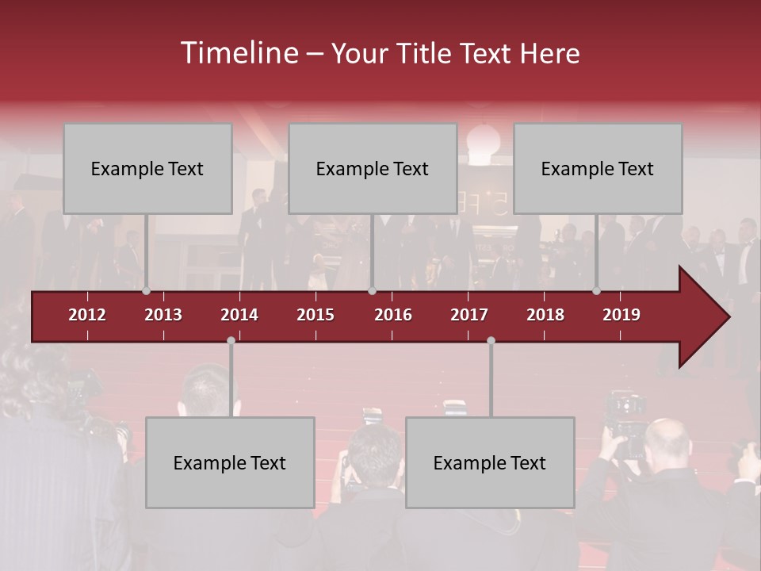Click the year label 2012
click(87, 315)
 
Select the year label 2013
click(163, 315)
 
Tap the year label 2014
click(239, 315)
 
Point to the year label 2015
click(315, 315)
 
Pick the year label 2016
click(393, 315)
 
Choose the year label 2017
click(469, 315)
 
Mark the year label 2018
click(545, 315)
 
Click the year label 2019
click(621, 315)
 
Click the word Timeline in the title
click(238, 53)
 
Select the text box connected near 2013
click(147, 168)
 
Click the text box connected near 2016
click(373, 168)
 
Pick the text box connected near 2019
click(598, 168)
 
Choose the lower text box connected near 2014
click(230, 462)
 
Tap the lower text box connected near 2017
click(490, 462)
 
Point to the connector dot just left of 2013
click(147, 290)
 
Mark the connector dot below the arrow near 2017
click(491, 341)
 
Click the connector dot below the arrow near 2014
click(231, 341)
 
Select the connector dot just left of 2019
click(597, 290)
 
